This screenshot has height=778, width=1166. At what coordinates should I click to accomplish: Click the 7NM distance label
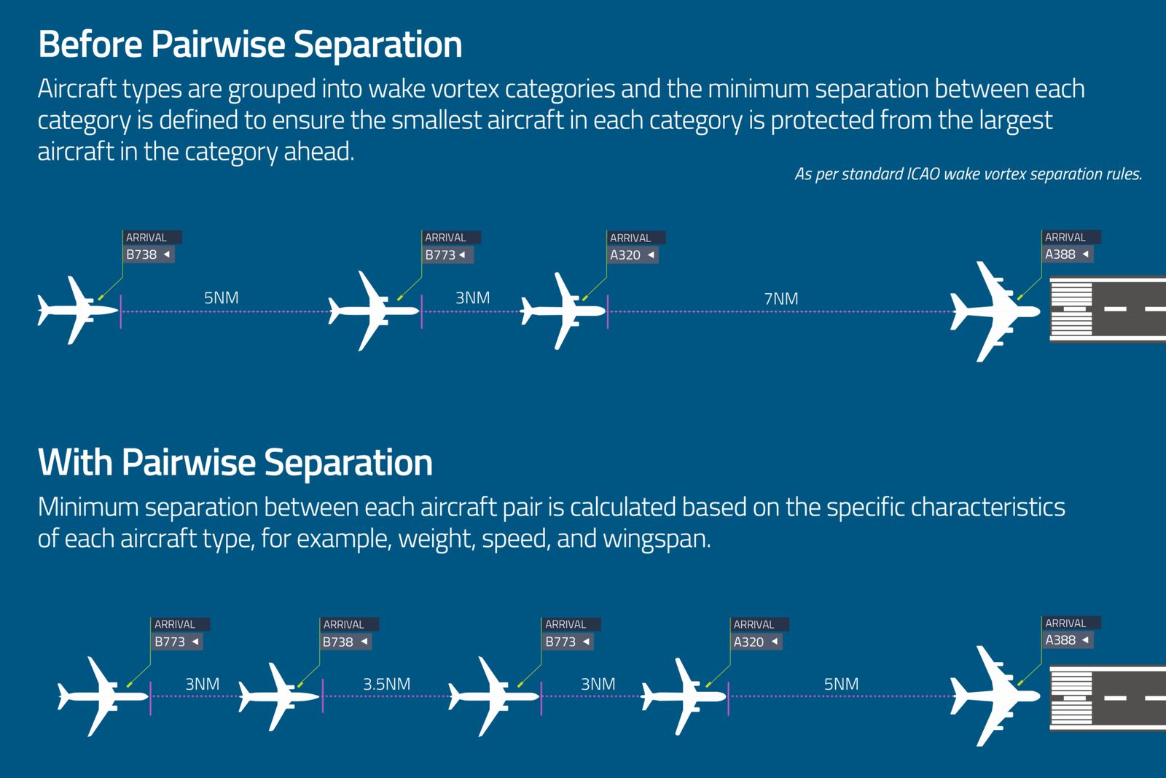(780, 298)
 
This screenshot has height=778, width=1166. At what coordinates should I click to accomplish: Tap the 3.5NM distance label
(386, 684)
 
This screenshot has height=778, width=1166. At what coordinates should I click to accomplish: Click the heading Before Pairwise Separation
(250, 44)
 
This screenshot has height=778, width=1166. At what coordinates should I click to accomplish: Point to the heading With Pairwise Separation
(235, 462)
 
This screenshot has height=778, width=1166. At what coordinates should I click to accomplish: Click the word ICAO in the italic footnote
(923, 174)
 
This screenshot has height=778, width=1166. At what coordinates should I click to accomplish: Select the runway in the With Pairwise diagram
(1107, 698)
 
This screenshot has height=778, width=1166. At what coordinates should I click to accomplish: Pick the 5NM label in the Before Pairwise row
(222, 298)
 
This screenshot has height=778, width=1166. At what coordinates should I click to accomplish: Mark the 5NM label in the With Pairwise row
(841, 684)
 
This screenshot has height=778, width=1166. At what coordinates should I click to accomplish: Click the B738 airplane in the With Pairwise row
(279, 697)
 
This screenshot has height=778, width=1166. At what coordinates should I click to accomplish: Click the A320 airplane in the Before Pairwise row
(563, 311)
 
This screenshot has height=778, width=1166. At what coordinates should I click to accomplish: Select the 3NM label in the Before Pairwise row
(473, 298)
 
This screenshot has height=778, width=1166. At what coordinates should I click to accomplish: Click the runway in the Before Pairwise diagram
(1107, 309)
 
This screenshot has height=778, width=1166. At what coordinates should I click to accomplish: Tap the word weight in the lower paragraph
(436, 538)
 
